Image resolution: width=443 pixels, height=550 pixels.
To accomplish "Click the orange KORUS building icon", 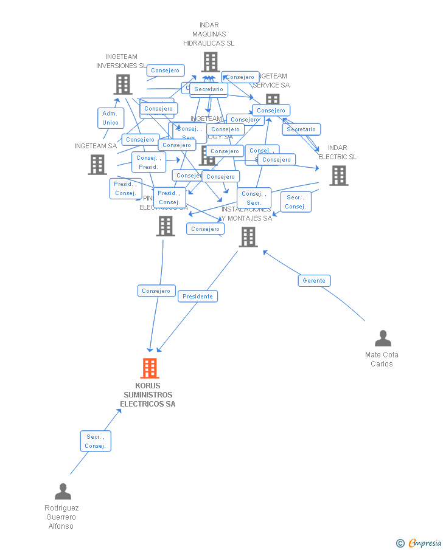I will (150, 368).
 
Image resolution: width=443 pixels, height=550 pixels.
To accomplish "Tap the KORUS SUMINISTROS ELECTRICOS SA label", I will (148, 395).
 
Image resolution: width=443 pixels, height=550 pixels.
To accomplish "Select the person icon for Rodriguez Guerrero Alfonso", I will (63, 491).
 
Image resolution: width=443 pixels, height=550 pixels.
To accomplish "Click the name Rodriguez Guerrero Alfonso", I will (61, 517).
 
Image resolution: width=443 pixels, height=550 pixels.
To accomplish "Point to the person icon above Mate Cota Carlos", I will (383, 338).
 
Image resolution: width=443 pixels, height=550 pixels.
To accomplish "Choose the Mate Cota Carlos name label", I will (382, 359).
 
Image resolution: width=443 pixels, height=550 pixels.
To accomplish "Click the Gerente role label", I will (314, 281).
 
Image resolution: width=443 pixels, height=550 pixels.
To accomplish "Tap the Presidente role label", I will (198, 297).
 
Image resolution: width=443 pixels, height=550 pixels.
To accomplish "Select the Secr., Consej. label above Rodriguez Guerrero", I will (96, 441).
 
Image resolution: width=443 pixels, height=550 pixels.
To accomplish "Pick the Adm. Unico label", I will (111, 119).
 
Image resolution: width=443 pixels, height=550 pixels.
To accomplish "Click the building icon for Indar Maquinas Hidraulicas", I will (211, 62).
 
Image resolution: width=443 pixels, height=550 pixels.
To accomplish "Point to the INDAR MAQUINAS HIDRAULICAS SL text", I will (209, 35).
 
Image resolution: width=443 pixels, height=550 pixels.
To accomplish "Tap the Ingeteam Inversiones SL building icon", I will (123, 84).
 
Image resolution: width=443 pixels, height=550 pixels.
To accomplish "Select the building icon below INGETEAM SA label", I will (97, 165).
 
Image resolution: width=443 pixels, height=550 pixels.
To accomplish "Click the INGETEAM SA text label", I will (96, 146).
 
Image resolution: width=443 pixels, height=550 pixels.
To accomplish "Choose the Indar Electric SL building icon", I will (339, 176).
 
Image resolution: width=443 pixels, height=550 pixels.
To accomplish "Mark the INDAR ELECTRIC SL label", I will (338, 153).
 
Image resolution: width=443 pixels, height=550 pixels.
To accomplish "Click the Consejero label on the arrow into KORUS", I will (156, 291).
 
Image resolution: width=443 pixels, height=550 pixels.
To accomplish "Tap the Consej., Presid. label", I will (148, 162).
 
